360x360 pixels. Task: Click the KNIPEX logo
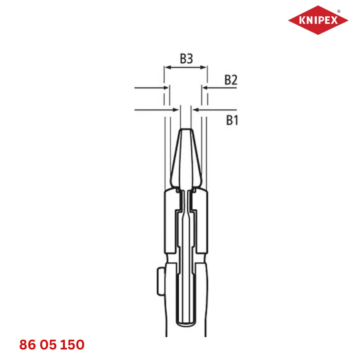pos(318,20)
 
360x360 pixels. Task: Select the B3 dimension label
pos(186,59)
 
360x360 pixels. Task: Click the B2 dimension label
pos(230,80)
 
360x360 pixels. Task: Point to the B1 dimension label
pos(231,121)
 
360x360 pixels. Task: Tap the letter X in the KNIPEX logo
pos(334,20)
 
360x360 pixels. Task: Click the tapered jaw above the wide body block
pos(185,161)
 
